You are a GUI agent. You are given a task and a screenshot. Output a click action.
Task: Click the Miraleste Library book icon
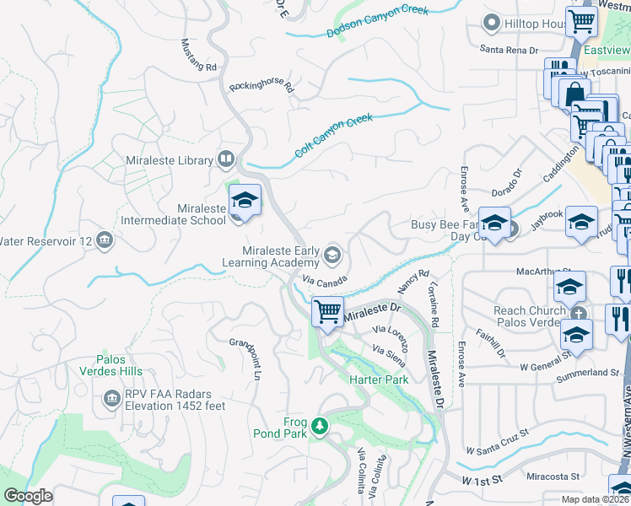(x=225, y=159)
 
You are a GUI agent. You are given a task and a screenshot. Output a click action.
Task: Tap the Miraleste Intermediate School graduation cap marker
(x=244, y=201)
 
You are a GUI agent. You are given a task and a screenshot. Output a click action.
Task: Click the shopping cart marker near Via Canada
(x=326, y=310)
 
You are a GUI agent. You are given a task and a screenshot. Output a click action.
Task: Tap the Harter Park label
(x=379, y=379)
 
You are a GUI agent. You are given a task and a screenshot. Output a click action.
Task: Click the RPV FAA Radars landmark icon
(x=111, y=397)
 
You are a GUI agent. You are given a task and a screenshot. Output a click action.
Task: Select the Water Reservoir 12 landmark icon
(x=104, y=241)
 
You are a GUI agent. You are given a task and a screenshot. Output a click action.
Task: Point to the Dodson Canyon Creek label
(x=377, y=22)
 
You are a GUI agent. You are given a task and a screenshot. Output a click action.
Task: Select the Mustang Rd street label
(x=200, y=55)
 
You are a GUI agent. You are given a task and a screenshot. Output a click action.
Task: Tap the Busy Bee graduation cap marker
(x=494, y=222)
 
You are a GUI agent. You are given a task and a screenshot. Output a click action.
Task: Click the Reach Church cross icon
(x=577, y=311)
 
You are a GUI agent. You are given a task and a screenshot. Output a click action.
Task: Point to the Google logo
(x=28, y=496)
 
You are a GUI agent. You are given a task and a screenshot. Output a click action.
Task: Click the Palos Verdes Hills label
(x=112, y=365)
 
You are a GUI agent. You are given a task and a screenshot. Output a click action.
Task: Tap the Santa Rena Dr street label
(x=509, y=50)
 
